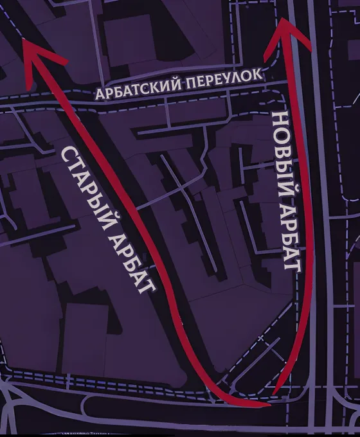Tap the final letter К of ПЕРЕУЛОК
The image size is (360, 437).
pos(257,74)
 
